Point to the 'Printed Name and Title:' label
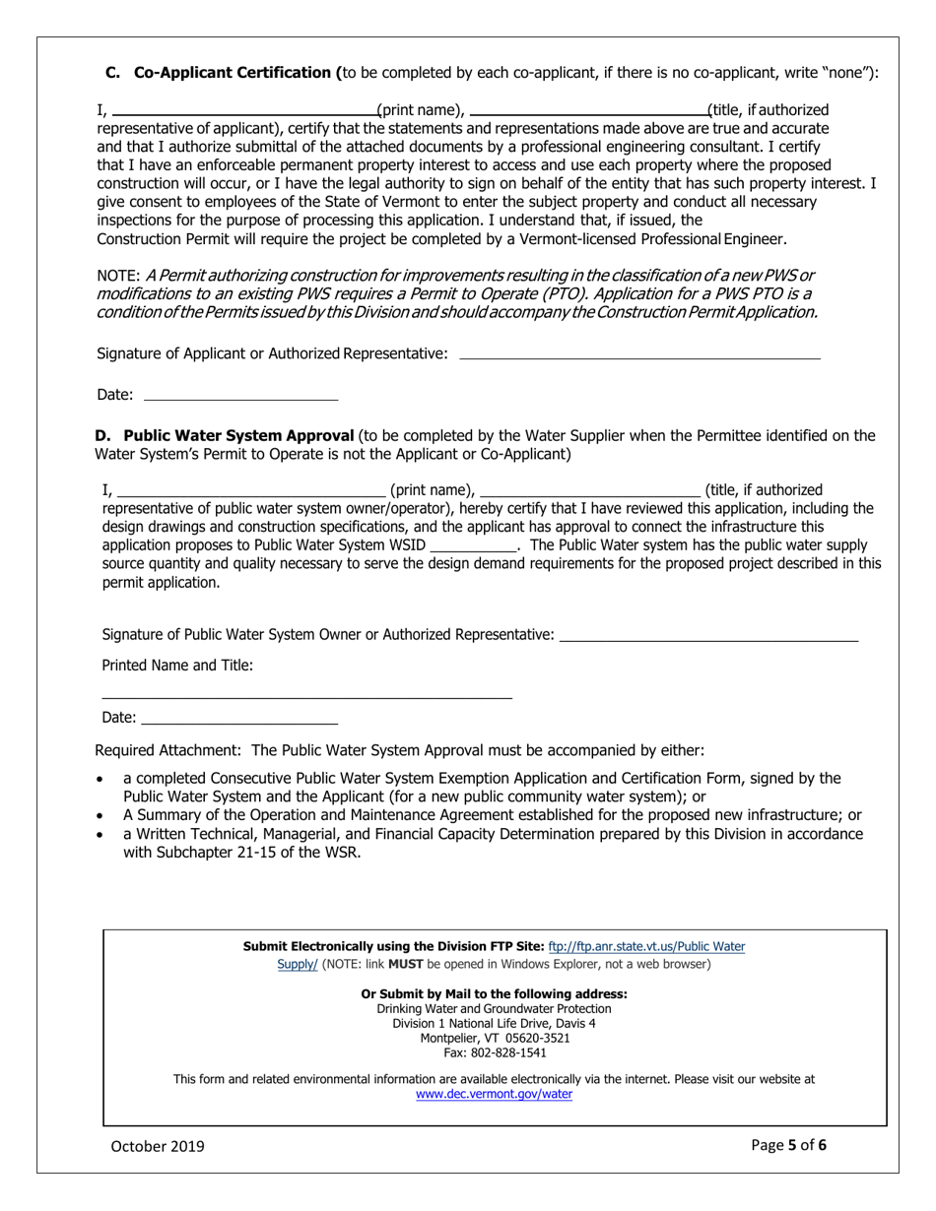coord(177,666)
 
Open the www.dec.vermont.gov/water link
coord(494,1094)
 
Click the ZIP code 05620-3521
coord(531,1038)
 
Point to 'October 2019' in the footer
coord(158,1145)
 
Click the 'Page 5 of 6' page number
coord(788,1144)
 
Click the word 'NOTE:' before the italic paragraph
coord(117,276)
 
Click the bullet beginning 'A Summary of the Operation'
coord(492,815)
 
